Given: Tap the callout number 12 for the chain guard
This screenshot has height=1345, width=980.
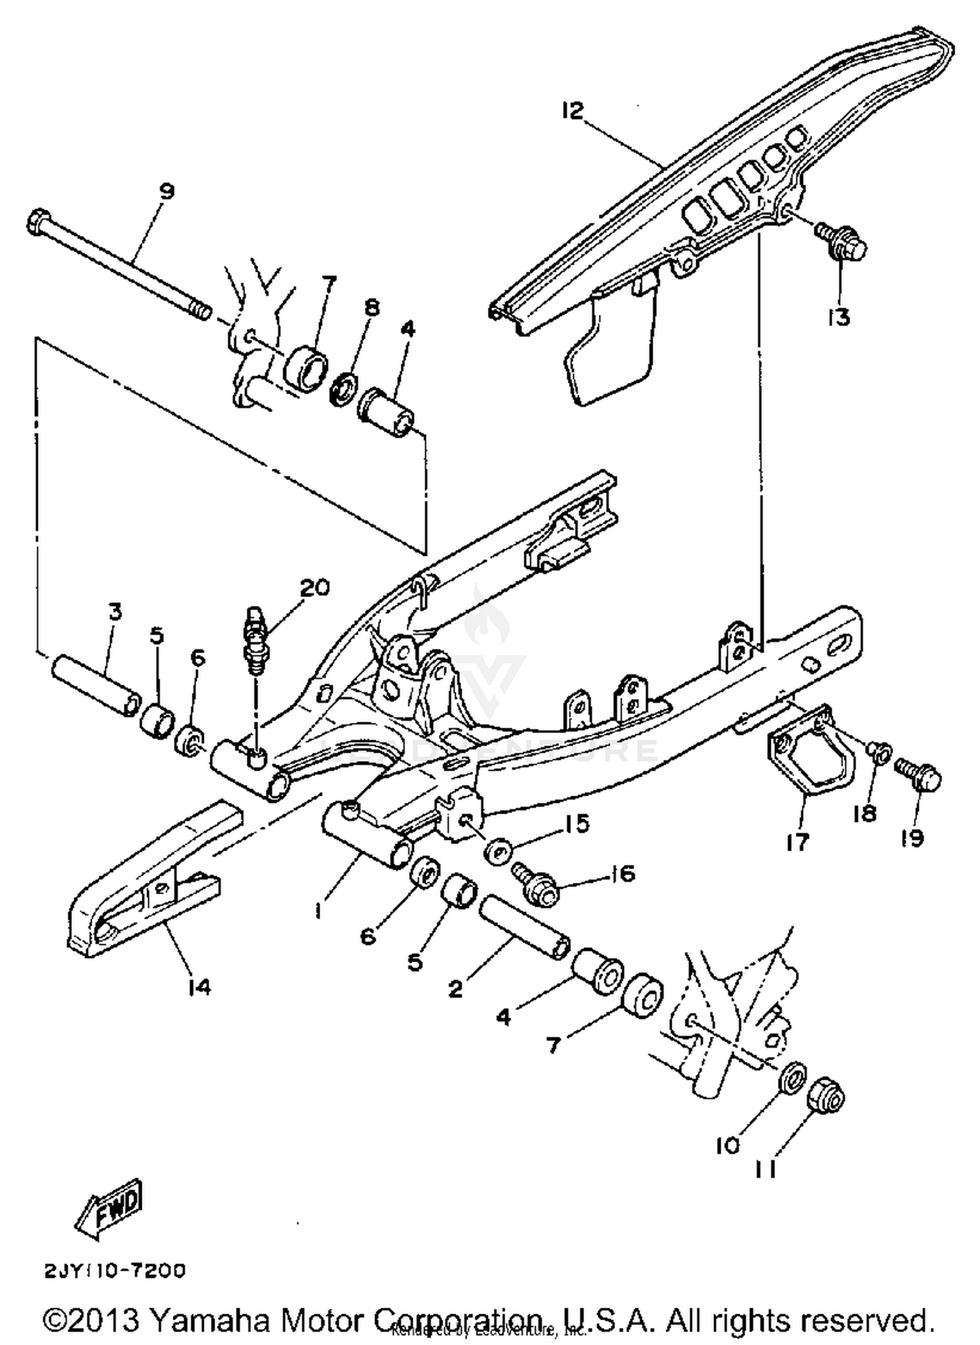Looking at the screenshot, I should coord(572,111).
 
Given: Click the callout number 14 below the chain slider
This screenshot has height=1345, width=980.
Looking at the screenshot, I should coord(199,987).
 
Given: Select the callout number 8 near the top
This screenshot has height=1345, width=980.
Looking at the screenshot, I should coord(371,308).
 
